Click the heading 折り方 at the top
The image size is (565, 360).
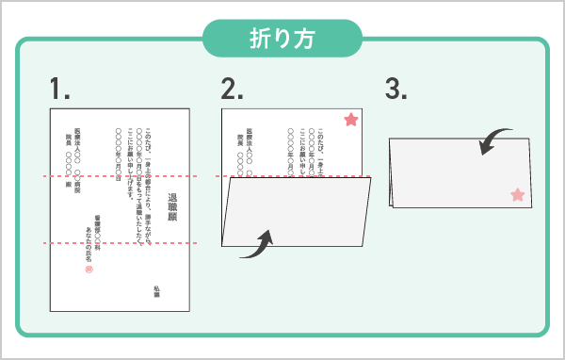282,39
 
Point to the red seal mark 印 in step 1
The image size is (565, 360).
89,270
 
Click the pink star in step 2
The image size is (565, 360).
350,120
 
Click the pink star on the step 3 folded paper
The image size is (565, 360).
516,195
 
